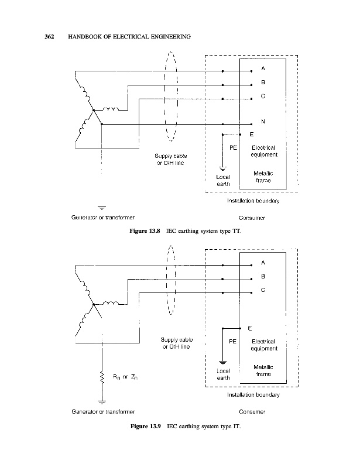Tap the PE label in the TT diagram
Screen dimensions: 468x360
pos(232,148)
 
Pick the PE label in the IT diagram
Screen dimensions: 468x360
pos(232,340)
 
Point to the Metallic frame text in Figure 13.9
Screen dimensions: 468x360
pos(263,370)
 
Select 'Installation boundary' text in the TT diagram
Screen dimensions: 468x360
pos(253,201)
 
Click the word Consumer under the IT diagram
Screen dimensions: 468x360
pos(253,412)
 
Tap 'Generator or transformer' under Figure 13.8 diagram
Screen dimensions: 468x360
pos(102,218)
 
